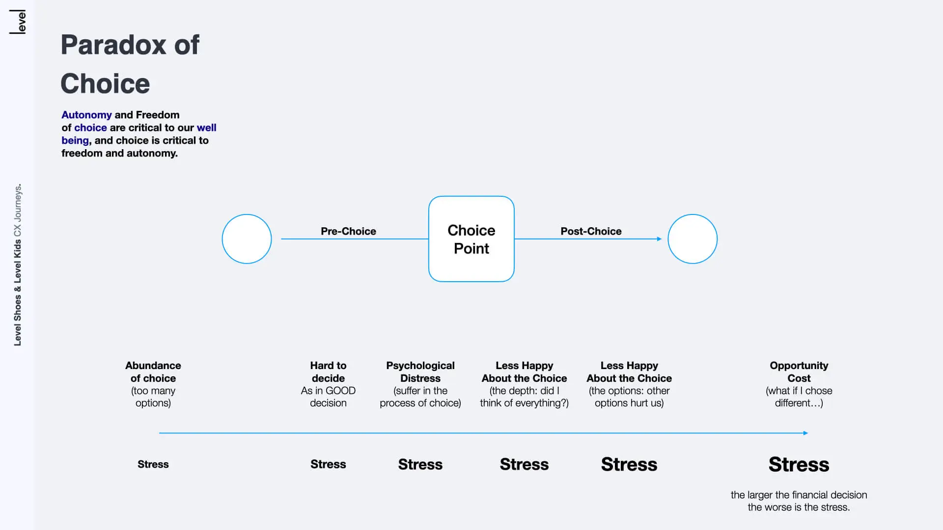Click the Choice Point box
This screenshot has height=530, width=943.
coord(471,239)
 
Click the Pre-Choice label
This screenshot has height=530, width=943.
coord(348,231)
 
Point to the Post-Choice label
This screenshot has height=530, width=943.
coord(591,231)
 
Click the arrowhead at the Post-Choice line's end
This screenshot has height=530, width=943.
coord(660,239)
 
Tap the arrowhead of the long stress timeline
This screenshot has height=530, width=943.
coord(805,433)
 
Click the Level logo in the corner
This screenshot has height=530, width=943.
coord(18,22)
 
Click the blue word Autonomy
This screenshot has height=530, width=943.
coord(86,115)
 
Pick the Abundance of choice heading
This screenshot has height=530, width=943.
coord(153,372)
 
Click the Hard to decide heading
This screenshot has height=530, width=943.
coord(328,372)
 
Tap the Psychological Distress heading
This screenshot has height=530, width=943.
coord(420,372)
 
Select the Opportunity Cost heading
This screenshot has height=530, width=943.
coord(799,372)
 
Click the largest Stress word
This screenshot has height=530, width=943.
coord(799,464)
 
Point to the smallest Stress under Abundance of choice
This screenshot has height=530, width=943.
coord(153,464)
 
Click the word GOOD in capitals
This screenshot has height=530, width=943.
coord(340,391)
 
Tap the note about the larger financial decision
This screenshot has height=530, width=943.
coord(799,501)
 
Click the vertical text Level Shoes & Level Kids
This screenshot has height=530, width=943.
coord(18,292)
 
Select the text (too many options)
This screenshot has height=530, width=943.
coord(153,397)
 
